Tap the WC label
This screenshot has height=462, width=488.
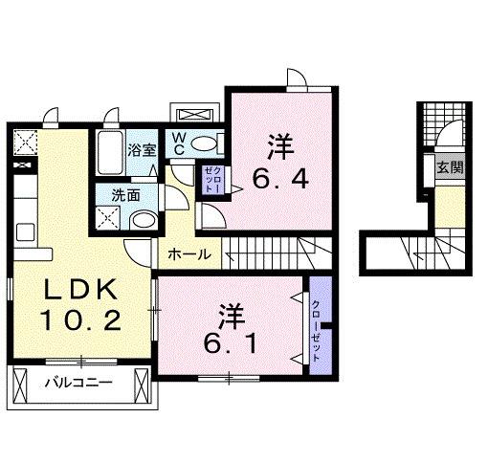179,143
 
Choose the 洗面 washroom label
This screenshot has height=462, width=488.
124,193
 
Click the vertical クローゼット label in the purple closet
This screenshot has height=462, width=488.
317,329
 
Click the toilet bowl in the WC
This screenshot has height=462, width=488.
204,144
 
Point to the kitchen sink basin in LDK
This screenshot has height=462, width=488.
24,232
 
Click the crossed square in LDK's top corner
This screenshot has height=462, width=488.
24,143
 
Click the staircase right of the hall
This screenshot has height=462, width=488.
277,253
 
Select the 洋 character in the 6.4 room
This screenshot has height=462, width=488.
279,146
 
